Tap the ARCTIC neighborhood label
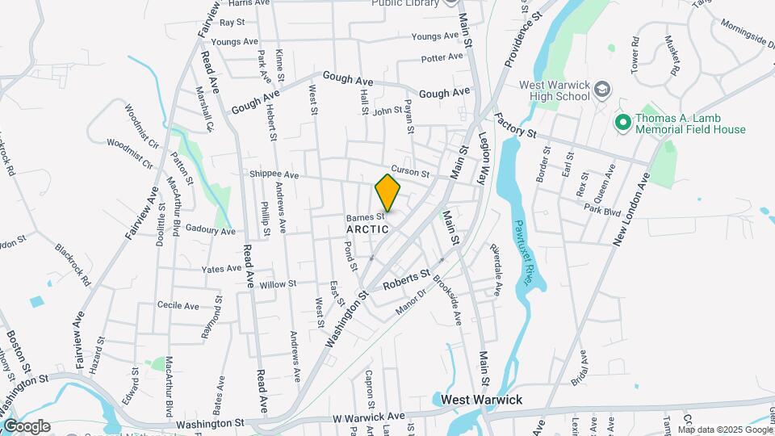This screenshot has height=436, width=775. click(367, 229)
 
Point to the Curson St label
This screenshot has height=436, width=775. click(408, 171)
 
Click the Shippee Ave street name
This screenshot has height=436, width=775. click(274, 174)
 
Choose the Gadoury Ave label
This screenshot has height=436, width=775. click(210, 230)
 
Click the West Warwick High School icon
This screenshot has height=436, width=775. click(601, 87)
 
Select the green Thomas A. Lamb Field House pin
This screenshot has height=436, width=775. click(622, 123)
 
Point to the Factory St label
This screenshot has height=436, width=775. click(517, 125)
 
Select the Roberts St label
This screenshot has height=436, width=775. click(406, 280)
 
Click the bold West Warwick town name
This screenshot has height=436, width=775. click(482, 400)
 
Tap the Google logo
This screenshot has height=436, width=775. click(27, 426)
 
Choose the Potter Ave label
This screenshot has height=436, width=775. click(442, 57)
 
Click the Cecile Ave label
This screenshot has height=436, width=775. click(178, 306)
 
